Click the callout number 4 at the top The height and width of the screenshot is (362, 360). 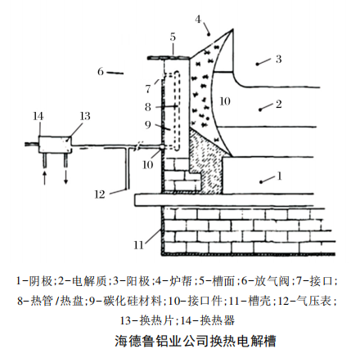(198, 20)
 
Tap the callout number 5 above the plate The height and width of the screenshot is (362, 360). (173, 37)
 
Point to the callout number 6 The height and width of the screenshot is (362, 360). (101, 72)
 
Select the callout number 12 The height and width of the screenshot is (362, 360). (100, 194)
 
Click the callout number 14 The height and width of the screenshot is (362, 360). (38, 116)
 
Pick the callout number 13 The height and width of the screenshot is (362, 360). (85, 116)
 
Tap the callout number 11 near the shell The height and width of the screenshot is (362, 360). (138, 245)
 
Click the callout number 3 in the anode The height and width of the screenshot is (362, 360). (278, 59)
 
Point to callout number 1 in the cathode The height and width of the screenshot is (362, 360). (279, 176)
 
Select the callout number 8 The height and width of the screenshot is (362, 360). (148, 107)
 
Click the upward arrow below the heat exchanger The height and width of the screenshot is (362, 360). (45, 177)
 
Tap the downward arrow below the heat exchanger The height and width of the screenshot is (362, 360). (65, 177)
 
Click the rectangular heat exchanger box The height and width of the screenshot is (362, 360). (55, 145)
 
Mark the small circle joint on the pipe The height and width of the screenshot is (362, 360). (162, 146)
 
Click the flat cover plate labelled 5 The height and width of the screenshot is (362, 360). (169, 58)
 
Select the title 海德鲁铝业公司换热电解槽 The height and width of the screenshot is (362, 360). (196, 341)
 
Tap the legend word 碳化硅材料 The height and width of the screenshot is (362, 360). (133, 301)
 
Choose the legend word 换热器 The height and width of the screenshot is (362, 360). (218, 320)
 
